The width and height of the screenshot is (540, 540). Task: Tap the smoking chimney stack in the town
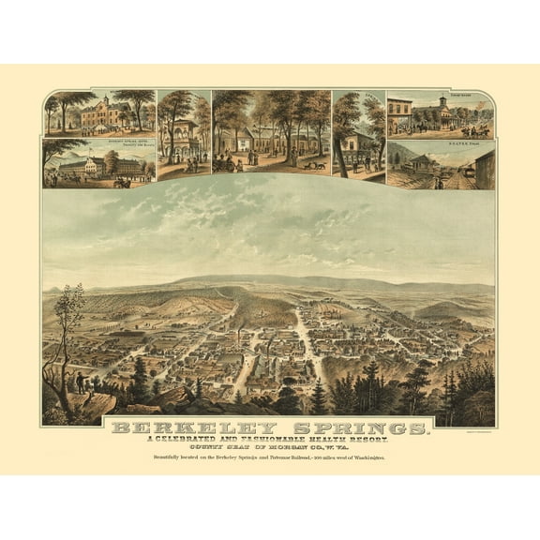pyautogui.click(x=246, y=335)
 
